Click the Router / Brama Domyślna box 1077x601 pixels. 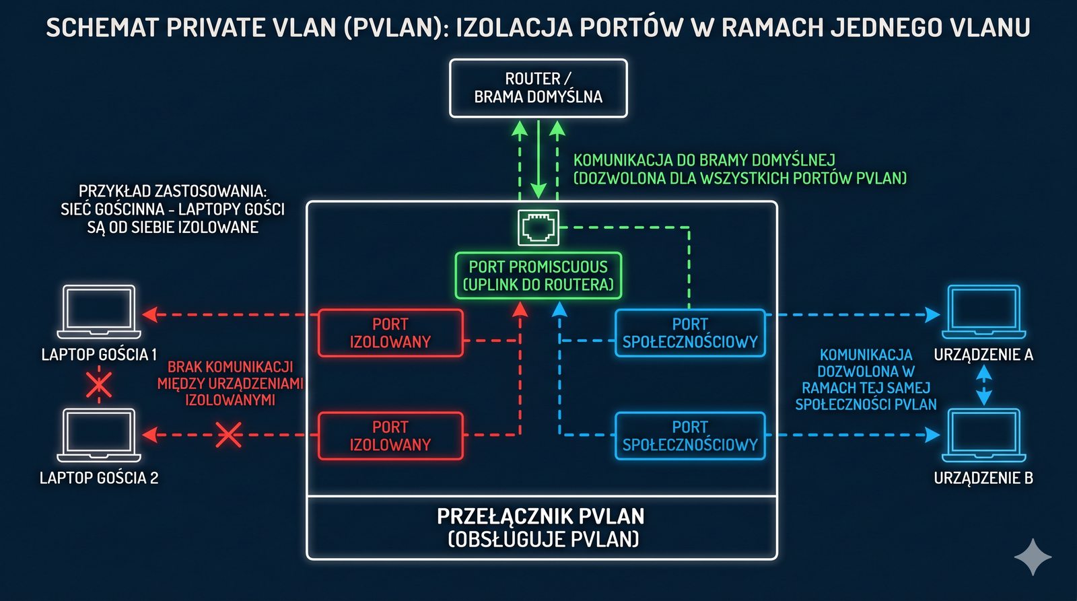(x=538, y=88)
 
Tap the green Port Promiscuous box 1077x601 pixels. (x=538, y=276)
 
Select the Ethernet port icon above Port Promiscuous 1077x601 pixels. (x=538, y=227)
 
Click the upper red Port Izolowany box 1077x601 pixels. (x=390, y=332)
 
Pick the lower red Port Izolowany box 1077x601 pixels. (x=390, y=435)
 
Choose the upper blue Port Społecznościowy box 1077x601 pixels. (x=690, y=332)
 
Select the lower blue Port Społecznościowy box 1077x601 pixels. (x=690, y=435)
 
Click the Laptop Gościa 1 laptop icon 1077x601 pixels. (x=99, y=312)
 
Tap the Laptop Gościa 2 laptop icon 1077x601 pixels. (x=99, y=435)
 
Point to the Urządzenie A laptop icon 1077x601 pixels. (x=983, y=312)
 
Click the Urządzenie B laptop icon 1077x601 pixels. (x=983, y=435)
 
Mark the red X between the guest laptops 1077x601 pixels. (x=99, y=386)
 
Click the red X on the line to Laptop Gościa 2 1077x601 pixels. (x=228, y=435)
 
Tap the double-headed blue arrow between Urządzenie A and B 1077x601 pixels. (x=983, y=384)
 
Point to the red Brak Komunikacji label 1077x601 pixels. (x=230, y=383)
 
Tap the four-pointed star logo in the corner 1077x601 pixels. (x=1033, y=556)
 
